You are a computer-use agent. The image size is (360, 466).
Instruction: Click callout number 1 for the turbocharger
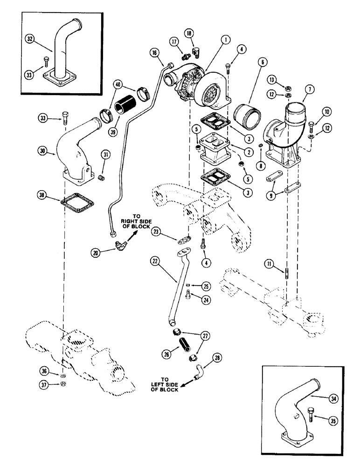pos(225,41)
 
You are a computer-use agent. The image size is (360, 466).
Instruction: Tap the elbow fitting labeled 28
pos(199,372)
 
